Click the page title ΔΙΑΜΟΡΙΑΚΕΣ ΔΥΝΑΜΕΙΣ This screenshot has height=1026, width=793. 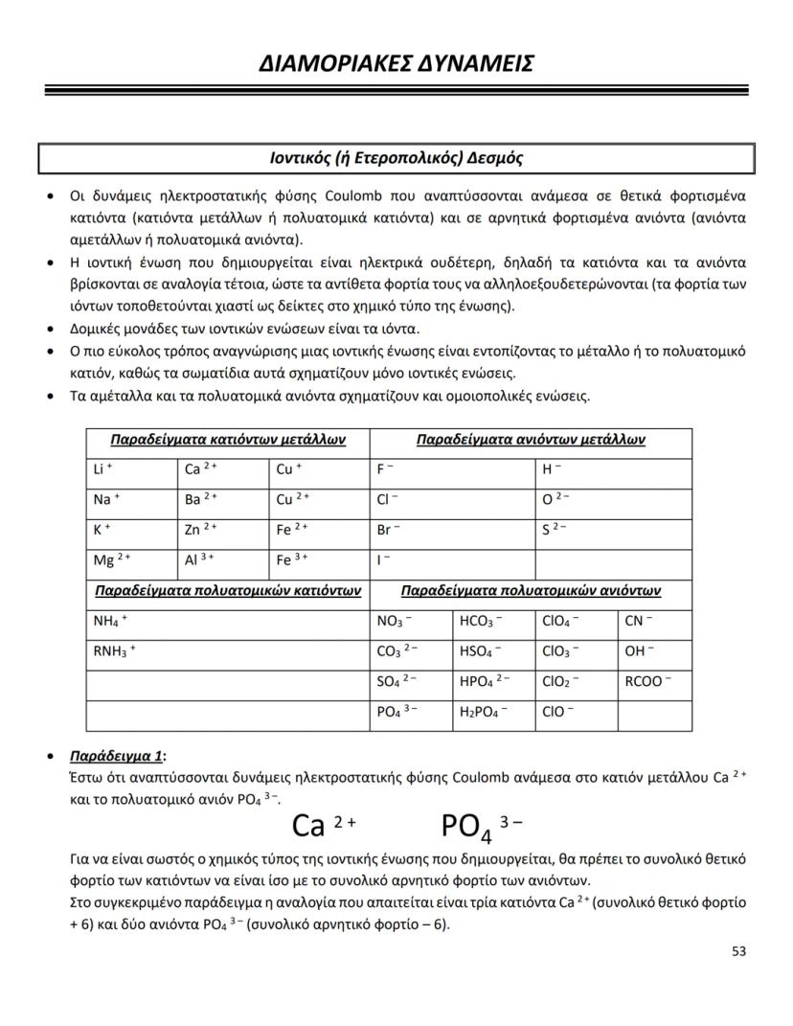click(396, 63)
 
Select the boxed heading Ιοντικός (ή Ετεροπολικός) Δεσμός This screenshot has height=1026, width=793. click(396, 158)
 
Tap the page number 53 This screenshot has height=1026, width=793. click(737, 951)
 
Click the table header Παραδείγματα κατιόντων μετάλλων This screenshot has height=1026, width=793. click(227, 441)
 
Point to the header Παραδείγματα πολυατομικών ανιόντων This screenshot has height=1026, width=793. click(531, 591)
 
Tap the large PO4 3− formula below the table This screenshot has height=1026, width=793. click(481, 825)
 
